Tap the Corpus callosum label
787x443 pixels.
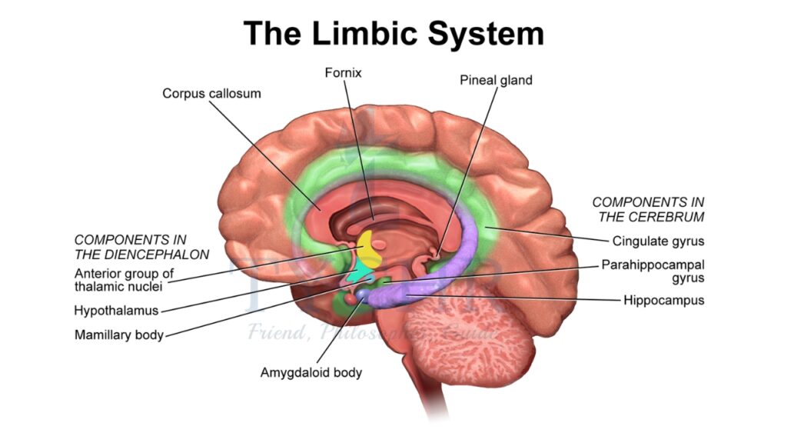tap(211, 93)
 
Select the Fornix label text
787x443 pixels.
tap(344, 73)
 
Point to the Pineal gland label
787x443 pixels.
tap(495, 79)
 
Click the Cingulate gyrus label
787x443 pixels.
tap(658, 241)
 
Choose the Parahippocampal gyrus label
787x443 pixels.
tap(653, 271)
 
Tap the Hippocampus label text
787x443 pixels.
tap(664, 299)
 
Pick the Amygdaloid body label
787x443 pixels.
tap(311, 373)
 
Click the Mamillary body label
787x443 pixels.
tap(119, 335)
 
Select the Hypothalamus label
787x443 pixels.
tap(116, 311)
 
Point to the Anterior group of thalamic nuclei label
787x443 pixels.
tap(122, 280)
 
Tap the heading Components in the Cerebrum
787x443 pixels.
tap(648, 208)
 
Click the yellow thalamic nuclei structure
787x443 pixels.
tap(371, 248)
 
